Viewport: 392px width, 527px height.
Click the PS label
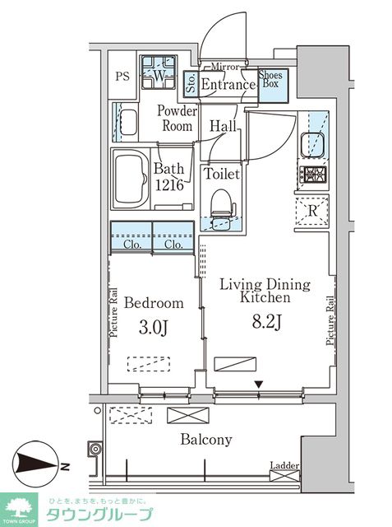pos(122,77)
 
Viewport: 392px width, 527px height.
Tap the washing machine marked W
pos(159,72)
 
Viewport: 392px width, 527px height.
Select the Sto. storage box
pos(191,83)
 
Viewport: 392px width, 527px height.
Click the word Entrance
pos(228,84)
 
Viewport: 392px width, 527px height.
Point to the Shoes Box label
pos(270,79)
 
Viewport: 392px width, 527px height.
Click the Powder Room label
pos(177,119)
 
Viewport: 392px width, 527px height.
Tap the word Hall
pos(224,126)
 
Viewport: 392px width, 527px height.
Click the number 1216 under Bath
pos(169,184)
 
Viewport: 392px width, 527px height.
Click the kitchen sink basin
pos(312,145)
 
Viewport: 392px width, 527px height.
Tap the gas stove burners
pos(313,175)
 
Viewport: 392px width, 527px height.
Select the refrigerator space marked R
pos(311,212)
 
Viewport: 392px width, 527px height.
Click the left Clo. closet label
pos(132,245)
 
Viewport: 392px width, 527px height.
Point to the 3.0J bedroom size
pos(153,328)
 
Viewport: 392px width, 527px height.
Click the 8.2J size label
pos(266,323)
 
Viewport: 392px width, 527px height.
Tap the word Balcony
pos(206,440)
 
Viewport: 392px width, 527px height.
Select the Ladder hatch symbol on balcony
pos(284,476)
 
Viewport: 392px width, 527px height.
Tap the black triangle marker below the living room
pos(258,384)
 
